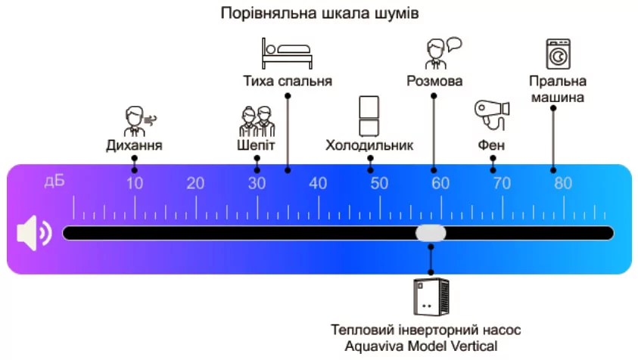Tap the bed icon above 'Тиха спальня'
(x=287, y=54)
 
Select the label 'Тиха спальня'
(x=288, y=80)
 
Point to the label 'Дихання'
(x=135, y=144)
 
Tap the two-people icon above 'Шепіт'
(x=257, y=119)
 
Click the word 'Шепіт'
(x=257, y=144)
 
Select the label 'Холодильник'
(x=369, y=144)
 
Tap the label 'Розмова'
(x=434, y=80)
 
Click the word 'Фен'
(x=492, y=144)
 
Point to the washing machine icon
(x=558, y=54)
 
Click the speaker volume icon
(x=34, y=234)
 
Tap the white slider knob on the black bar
(x=431, y=233)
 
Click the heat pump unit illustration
(x=431, y=296)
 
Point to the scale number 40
(x=318, y=183)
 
